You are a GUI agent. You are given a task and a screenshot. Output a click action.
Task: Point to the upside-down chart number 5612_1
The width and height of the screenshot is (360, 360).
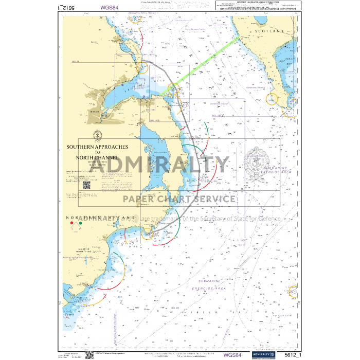click(68, 8)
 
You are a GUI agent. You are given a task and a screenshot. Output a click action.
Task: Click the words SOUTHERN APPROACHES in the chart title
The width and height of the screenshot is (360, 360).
click(97, 147)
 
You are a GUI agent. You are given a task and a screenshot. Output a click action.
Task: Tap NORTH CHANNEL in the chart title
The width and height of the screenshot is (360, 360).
click(97, 157)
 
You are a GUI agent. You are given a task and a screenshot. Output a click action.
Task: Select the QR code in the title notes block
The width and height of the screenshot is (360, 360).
click(86, 185)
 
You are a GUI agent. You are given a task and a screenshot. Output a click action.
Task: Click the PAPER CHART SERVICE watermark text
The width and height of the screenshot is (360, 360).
click(178, 199)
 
